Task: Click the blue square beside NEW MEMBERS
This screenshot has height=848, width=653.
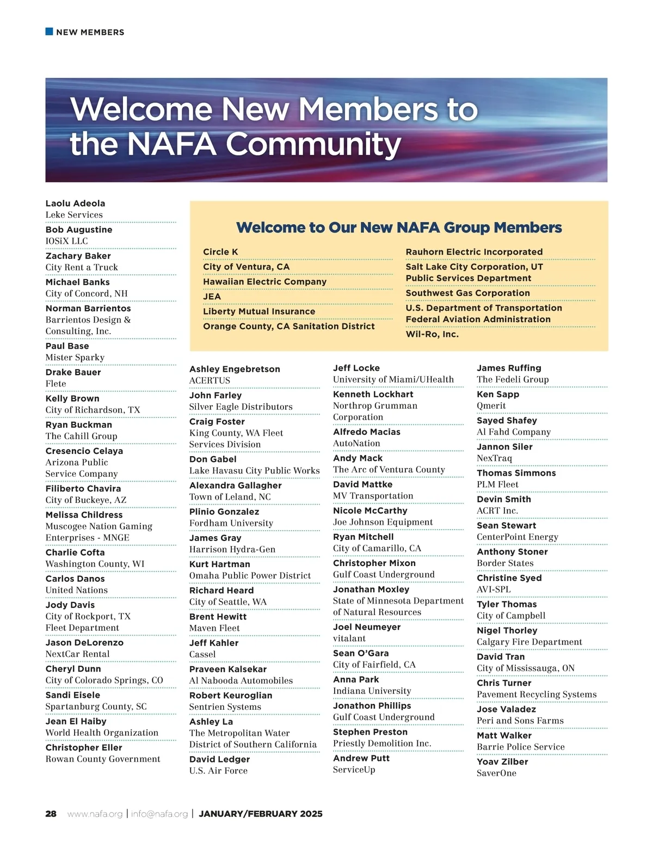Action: point(49,32)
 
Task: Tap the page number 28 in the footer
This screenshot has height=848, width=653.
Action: point(51,814)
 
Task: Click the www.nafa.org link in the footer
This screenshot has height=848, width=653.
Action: point(95,814)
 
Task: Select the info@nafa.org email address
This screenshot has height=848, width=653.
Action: point(159,814)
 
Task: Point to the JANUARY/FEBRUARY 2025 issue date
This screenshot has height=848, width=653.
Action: point(261,814)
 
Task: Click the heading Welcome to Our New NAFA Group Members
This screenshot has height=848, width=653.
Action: point(399,228)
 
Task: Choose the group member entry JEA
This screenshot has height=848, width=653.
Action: point(212,297)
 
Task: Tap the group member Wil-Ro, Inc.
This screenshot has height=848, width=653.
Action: point(432,334)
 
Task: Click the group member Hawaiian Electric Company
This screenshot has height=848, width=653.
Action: point(264,281)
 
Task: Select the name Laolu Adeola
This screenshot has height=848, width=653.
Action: point(75,204)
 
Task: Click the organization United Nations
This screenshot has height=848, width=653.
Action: point(77,590)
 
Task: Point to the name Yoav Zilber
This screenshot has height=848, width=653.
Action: point(502,761)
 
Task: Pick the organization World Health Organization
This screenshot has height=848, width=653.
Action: point(102,733)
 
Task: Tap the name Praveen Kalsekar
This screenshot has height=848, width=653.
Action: point(228,669)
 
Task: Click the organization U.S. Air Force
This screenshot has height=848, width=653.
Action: point(218,771)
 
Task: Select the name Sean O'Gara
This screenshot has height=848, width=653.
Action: point(361,653)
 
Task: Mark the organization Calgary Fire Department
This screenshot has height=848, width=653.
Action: point(529,642)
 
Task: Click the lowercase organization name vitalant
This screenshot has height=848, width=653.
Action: point(349,638)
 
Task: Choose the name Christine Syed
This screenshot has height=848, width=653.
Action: point(509,578)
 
